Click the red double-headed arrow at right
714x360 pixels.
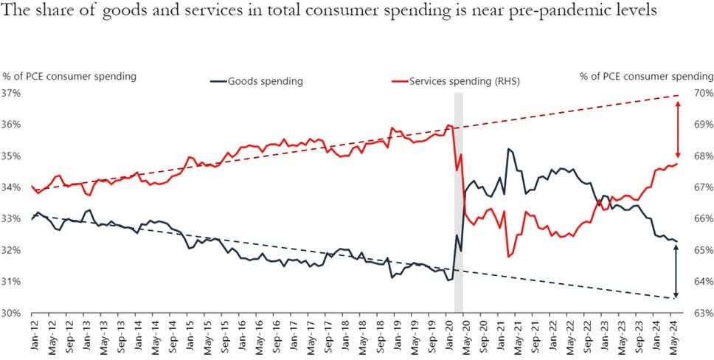pos(676,129)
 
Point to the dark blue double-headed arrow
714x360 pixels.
pos(676,270)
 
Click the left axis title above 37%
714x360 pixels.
pos(69,76)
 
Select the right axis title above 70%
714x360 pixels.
pos(646,76)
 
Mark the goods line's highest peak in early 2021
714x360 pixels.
pos(508,149)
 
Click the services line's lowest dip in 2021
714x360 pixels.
pos(509,256)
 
